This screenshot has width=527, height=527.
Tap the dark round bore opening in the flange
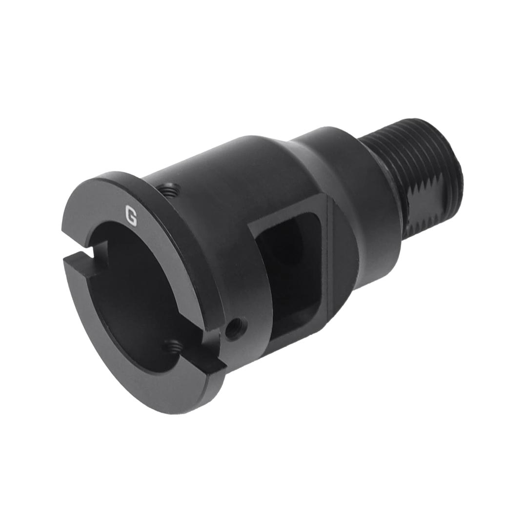[x=137, y=293]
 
